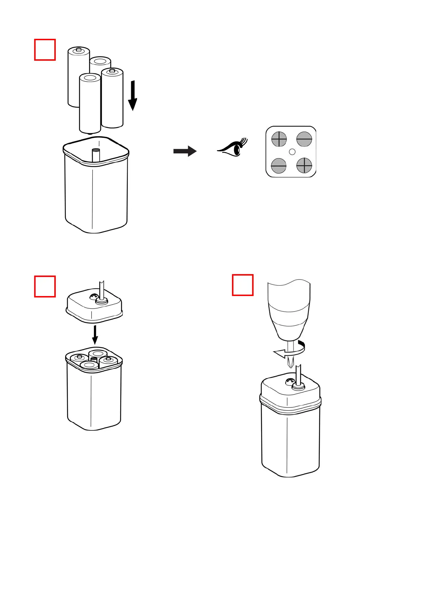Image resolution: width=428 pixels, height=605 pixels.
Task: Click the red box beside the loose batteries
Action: (x=45, y=50)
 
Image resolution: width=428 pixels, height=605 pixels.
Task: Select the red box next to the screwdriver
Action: (x=243, y=285)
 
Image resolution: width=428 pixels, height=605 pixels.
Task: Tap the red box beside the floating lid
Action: (x=45, y=286)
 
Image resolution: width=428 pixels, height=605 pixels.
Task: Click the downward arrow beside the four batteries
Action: (x=133, y=95)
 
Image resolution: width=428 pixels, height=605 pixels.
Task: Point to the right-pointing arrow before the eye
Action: (x=185, y=151)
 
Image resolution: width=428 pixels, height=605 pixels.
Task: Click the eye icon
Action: (x=233, y=148)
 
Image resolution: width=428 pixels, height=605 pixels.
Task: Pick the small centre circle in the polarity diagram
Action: (x=292, y=152)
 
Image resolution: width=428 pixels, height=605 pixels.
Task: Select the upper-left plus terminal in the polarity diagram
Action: (x=279, y=139)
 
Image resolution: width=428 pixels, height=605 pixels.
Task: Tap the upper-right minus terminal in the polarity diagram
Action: (x=304, y=139)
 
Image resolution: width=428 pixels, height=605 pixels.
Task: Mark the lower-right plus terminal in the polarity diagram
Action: (x=304, y=165)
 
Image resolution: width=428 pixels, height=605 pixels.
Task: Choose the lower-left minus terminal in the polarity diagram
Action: (x=279, y=166)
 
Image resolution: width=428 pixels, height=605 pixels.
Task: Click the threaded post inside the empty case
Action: (x=96, y=155)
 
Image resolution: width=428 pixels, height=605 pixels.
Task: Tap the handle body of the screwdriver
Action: (x=289, y=309)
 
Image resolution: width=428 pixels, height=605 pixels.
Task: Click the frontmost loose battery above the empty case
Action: (x=90, y=103)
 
